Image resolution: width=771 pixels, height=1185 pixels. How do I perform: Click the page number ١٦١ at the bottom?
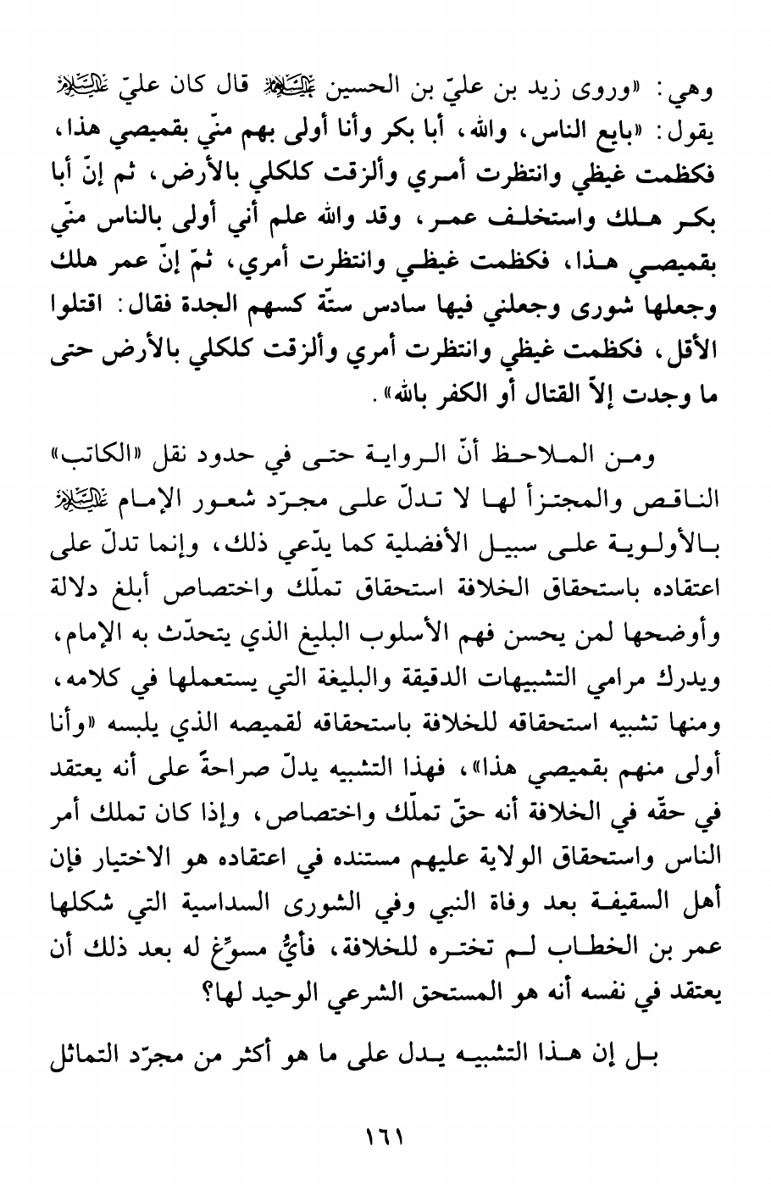pos(385,1136)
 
